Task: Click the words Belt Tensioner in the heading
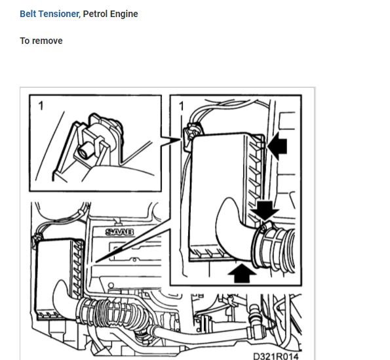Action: (49, 14)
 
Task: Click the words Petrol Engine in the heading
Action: (111, 14)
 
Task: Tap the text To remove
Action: (41, 41)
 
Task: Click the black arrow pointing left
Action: (277, 147)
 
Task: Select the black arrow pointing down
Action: (266, 210)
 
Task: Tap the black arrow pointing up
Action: (242, 272)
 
